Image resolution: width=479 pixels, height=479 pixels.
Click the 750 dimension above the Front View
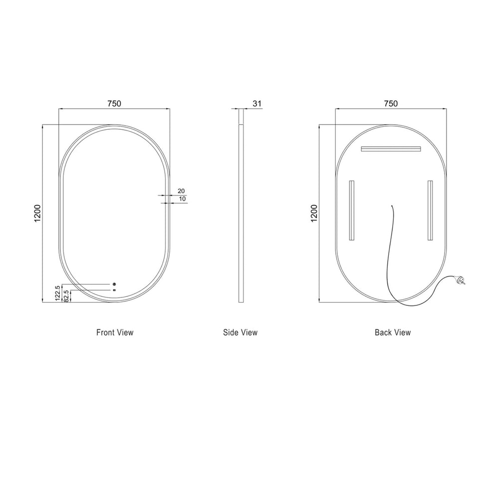click(114, 104)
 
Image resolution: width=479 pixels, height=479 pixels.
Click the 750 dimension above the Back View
click(391, 104)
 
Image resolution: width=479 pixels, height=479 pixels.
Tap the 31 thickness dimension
click(257, 104)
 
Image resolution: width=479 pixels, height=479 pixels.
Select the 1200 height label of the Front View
click(37, 213)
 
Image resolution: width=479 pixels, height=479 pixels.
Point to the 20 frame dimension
click(181, 191)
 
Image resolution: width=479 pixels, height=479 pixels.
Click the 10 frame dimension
click(182, 199)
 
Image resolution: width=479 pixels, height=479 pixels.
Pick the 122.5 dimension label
click(58, 293)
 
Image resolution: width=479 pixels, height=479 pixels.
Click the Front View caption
click(115, 332)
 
